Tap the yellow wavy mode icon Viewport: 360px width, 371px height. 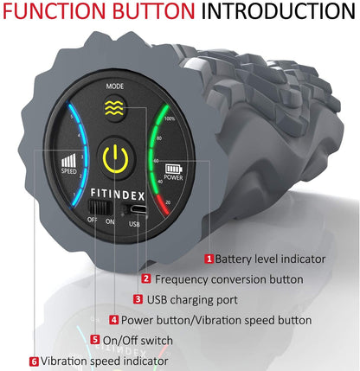[114, 108]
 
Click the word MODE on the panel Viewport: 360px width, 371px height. [115, 86]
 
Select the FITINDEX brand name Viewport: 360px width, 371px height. [118, 195]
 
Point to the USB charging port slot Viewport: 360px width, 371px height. [138, 209]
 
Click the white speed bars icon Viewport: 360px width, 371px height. [68, 160]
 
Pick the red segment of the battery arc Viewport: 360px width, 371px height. [163, 205]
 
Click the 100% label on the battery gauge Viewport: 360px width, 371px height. [170, 118]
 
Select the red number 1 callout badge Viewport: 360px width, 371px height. [209, 259]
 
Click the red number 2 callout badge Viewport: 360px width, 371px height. [146, 278]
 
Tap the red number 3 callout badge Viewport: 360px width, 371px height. [138, 299]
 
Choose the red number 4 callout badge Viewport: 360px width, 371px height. [114, 320]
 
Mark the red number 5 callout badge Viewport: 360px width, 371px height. [95, 340]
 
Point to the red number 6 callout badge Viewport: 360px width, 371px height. [34, 361]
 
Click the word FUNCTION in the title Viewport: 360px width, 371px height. [55, 10]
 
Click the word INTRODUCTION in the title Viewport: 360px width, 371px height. [278, 10]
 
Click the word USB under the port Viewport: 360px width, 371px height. [134, 224]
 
